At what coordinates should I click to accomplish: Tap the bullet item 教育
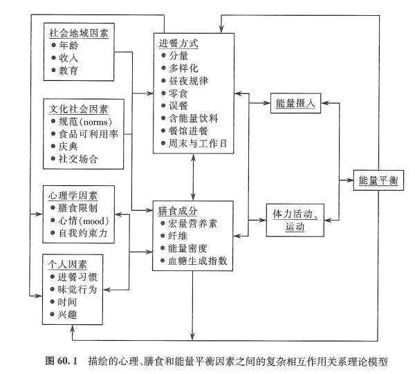[68, 71]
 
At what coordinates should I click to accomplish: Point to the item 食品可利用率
[89, 134]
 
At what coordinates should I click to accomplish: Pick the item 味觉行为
[78, 289]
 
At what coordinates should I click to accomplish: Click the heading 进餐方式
[178, 43]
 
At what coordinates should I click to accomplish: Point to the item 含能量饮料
[194, 118]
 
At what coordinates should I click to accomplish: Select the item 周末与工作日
[197, 143]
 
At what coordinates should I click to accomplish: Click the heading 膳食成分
[178, 210]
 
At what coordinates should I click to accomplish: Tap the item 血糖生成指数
[197, 261]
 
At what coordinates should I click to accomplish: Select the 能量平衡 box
[377, 180]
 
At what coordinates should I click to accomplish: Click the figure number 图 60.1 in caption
[63, 361]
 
